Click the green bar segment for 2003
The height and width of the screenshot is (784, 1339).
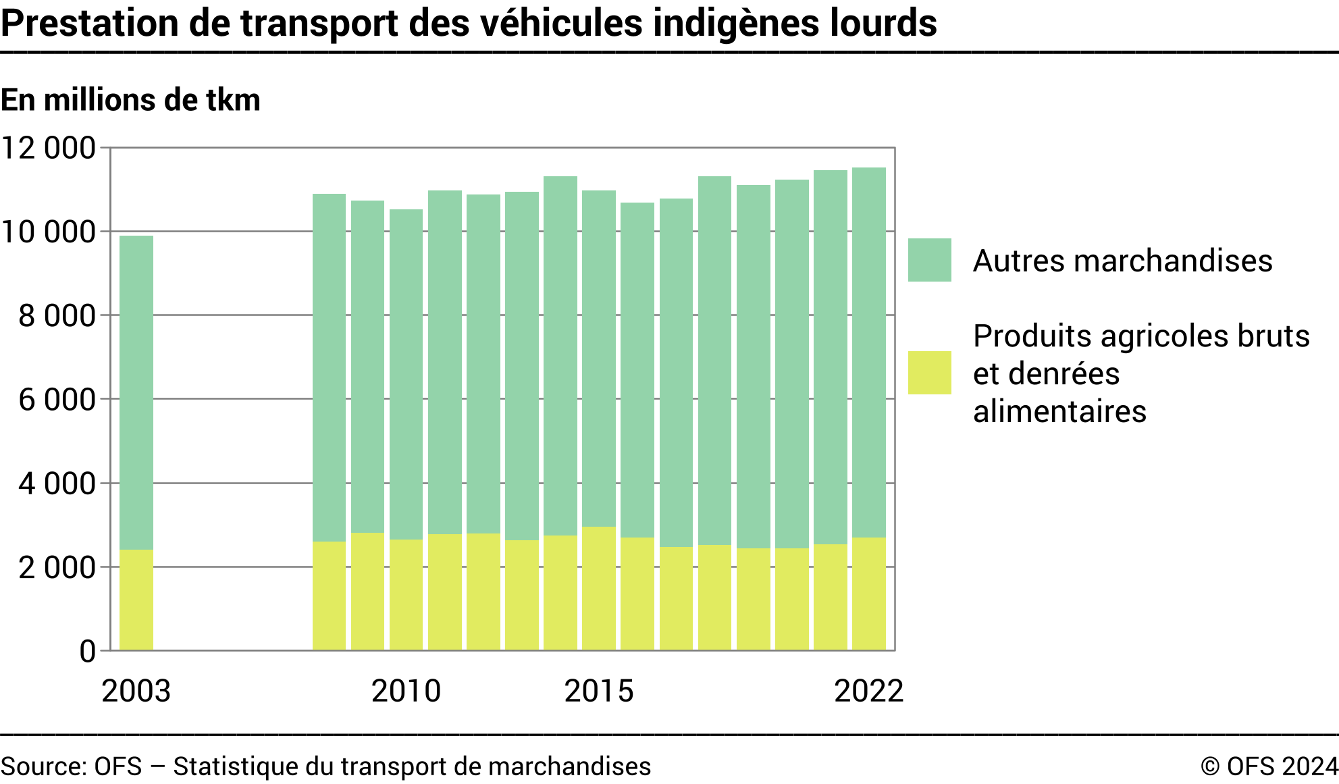[136, 392]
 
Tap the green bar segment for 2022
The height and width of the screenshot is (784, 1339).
[868, 351]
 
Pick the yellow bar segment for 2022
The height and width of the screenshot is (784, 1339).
[868, 594]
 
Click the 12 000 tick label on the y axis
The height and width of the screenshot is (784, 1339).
[49, 148]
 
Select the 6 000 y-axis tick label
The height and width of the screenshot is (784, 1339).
[57, 400]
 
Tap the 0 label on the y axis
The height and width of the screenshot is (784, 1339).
[88, 652]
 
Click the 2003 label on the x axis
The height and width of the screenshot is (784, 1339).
[136, 691]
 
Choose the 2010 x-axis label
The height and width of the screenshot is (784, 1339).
[406, 691]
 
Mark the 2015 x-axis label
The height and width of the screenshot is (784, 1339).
[599, 691]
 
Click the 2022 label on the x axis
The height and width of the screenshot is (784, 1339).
[868, 691]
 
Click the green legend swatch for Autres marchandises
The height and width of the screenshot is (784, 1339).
[929, 260]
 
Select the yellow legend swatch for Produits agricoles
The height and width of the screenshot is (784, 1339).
[929, 373]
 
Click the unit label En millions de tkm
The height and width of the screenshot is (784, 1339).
[130, 100]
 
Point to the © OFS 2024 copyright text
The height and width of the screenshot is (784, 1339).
[1269, 766]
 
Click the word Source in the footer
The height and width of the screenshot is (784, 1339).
[43, 766]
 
